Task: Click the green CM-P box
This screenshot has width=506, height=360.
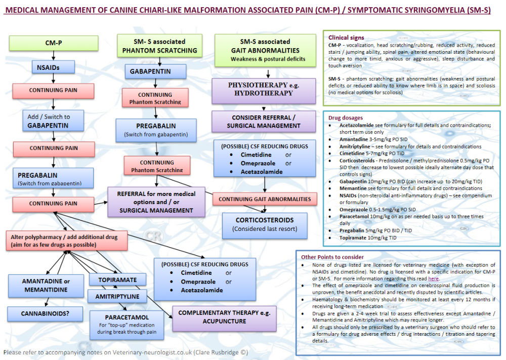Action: [x=53, y=43]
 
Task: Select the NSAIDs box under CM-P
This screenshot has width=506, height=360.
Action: [x=53, y=67]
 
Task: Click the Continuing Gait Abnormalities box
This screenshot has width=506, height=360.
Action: [x=265, y=199]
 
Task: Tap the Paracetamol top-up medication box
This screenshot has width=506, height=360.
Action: [x=127, y=325]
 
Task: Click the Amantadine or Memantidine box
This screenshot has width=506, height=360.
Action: [x=46, y=286]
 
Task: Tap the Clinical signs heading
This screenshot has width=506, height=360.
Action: [x=346, y=37]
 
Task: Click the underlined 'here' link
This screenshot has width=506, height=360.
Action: [x=434, y=278]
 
